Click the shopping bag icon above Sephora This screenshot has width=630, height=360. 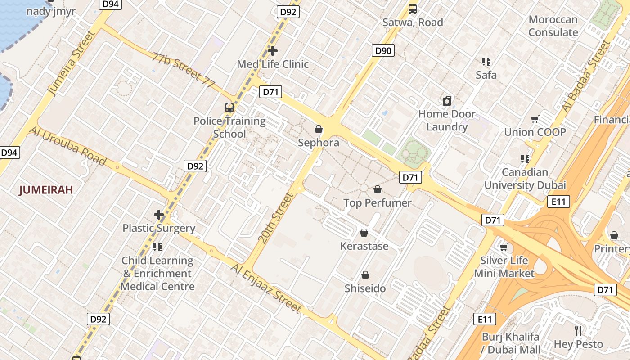[x=319, y=130]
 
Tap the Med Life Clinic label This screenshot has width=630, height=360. [x=273, y=64]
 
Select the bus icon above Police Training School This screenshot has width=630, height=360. [x=229, y=108]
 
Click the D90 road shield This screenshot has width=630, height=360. [x=383, y=50]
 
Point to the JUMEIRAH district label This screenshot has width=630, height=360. [x=46, y=190]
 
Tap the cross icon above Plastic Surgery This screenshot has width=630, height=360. [x=159, y=215]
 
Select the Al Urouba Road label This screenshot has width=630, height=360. [x=68, y=146]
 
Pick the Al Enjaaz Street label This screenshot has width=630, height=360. [x=266, y=288]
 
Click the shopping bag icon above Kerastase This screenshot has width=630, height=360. [x=364, y=233]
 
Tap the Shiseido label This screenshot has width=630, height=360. [x=365, y=288]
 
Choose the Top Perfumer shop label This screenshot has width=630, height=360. [x=378, y=203]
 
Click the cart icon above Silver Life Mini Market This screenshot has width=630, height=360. [x=504, y=247]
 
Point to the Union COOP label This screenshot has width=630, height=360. [x=535, y=132]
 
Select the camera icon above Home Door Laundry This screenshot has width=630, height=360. [x=447, y=101]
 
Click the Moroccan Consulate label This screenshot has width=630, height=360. [x=553, y=26]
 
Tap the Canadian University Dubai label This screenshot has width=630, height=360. [x=525, y=179]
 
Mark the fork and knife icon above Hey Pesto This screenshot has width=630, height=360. [x=579, y=331]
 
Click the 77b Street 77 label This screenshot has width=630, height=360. [x=183, y=70]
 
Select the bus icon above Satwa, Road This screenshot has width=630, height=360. [x=413, y=9]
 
